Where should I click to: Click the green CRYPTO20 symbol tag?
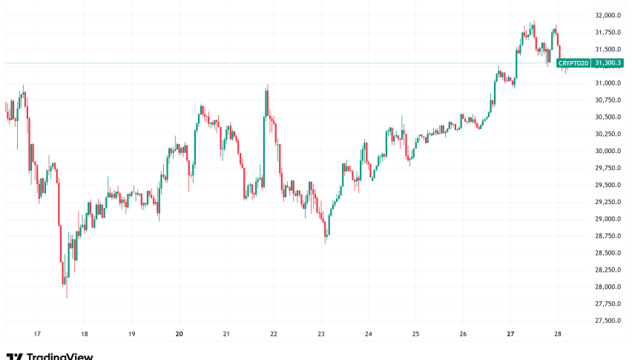point(573,63)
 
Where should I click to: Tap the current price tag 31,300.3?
point(607,63)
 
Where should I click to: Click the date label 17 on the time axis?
point(37,335)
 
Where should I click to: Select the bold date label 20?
point(180,335)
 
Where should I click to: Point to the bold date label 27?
point(511,335)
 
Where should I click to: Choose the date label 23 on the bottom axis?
point(321,335)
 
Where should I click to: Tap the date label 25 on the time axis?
point(416,335)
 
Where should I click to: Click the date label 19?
point(132,335)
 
